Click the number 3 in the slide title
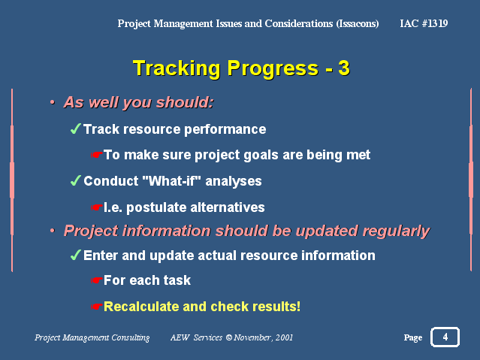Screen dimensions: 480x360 pos(344,68)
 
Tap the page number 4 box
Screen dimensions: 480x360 pos(445,337)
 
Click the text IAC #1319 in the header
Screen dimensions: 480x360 pos(424,23)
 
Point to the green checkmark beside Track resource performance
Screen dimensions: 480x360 pos(76,129)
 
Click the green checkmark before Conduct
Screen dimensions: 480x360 pos(76,180)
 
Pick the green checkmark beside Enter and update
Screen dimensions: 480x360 pos(76,255)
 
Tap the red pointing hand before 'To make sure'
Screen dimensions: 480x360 pos(96,155)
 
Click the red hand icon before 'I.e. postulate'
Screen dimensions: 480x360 pos(96,207)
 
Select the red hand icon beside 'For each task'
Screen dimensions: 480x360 pos(96,280)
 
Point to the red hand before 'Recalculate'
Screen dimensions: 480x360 pos(96,307)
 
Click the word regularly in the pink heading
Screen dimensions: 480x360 pos(397,231)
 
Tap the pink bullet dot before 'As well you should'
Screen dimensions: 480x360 pos(53,102)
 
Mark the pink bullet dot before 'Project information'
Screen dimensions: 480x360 pos(53,231)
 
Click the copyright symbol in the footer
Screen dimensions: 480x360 pos(229,337)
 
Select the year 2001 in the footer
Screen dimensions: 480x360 pos(284,337)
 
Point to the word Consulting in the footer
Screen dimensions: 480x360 pos(131,337)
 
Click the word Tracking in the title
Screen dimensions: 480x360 pos(177,68)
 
